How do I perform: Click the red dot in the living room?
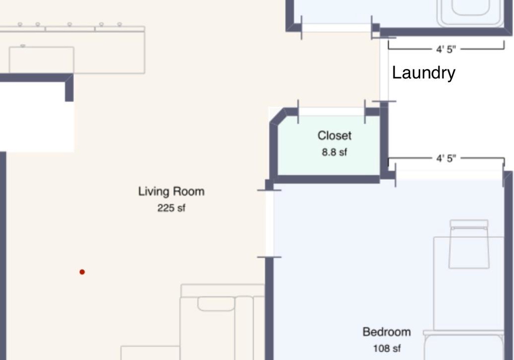[x=82, y=272]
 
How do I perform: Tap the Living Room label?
[x=171, y=191]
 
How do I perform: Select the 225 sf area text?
[x=171, y=208]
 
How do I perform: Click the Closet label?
[x=334, y=136]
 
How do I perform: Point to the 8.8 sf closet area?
[x=334, y=152]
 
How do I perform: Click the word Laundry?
[x=424, y=73]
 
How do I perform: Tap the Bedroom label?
[x=387, y=332]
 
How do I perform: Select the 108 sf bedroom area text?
[x=387, y=348]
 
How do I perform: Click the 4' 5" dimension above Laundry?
[x=446, y=49]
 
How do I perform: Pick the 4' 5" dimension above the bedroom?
[x=446, y=159]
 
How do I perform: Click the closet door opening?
[x=331, y=111]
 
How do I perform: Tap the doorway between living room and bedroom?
[x=269, y=223]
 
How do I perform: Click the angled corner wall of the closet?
[x=278, y=116]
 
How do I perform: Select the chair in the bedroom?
[x=469, y=244]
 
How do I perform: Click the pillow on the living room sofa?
[x=216, y=304]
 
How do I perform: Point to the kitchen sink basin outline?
[x=42, y=59]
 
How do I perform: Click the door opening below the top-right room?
[x=336, y=27]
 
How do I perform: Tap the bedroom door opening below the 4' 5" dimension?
[x=449, y=175]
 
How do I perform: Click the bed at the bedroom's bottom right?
[x=464, y=345]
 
